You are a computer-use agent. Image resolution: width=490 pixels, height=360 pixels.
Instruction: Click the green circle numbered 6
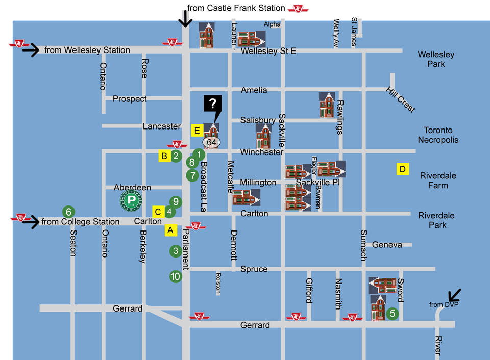click(68, 211)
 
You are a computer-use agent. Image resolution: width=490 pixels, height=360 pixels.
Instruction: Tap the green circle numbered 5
click(392, 314)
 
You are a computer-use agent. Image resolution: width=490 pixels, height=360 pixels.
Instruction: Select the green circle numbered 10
click(176, 276)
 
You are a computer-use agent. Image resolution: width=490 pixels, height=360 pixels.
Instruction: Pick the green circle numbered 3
click(176, 251)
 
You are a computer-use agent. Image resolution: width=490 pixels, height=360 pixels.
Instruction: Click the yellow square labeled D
click(403, 169)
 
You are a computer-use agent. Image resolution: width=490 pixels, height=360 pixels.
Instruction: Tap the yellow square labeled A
click(170, 230)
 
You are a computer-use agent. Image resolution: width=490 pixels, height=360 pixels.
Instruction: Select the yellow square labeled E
click(197, 130)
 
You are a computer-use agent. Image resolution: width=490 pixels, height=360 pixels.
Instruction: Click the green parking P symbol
click(131, 200)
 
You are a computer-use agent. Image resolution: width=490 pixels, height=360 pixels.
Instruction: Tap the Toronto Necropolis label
click(438, 135)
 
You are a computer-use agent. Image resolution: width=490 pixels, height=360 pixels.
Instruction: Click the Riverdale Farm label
click(438, 181)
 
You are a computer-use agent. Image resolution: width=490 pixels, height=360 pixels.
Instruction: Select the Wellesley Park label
click(435, 59)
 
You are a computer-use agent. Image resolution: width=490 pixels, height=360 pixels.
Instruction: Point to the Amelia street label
click(254, 90)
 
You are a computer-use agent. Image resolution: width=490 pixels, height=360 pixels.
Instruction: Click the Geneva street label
click(387, 245)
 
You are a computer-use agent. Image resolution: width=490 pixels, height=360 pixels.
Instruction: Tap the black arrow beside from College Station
click(30, 222)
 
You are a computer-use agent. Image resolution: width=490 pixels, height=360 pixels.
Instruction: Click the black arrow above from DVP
click(454, 295)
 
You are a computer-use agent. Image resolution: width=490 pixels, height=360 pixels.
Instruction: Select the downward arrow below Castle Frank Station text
click(185, 19)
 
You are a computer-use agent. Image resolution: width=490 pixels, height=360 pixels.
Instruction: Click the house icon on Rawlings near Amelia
click(327, 105)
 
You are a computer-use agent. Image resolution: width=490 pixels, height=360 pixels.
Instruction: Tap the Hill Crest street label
click(400, 99)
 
